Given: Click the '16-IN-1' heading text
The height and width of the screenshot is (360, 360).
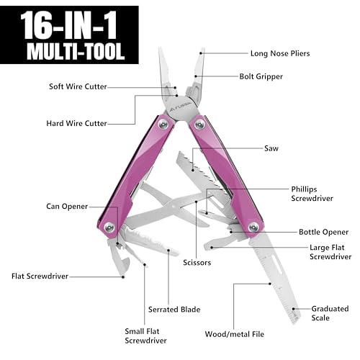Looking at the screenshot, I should coord(68,24).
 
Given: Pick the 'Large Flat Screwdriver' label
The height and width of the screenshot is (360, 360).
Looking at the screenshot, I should coord(330,252).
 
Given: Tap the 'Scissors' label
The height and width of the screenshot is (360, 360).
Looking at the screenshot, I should coord(197,263).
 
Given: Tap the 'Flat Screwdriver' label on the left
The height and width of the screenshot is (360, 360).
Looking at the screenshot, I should coord(40,275).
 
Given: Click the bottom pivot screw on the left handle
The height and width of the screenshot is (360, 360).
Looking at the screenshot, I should coord(109,229).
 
